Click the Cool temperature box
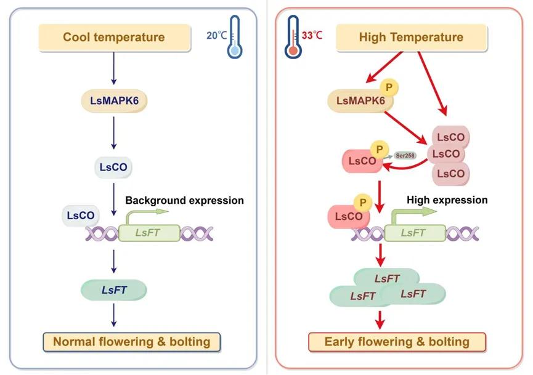(x=113, y=38)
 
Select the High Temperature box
(x=410, y=38)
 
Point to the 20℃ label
(x=216, y=36)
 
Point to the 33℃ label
(x=312, y=35)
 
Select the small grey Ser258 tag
(x=404, y=155)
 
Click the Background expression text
(x=184, y=201)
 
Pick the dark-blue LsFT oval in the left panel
(x=113, y=289)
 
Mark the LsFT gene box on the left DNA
(x=149, y=233)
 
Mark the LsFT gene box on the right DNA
(x=413, y=233)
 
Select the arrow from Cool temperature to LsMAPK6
(x=113, y=69)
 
